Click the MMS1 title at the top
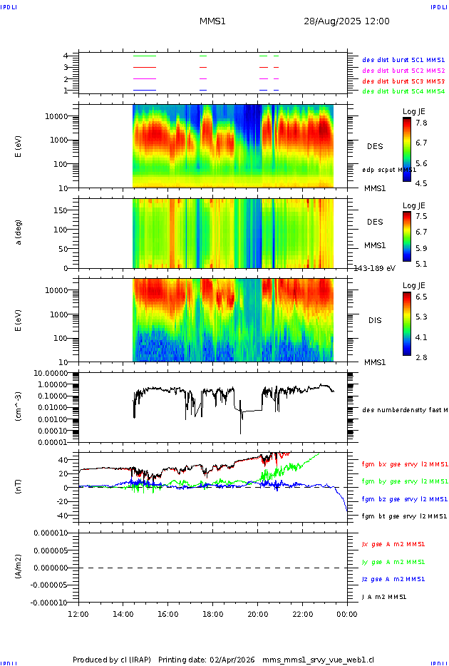pos(212,21)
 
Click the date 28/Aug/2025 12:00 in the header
pos(346,21)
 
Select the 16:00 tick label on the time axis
pos(167,613)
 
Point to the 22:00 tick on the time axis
pos(302,613)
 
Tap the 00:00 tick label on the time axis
pos(347,613)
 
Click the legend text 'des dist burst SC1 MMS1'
pos(403,60)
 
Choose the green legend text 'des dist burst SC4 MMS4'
pos(403,91)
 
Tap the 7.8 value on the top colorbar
pos(421,123)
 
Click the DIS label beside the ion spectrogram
pos(374,320)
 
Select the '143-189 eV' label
pos(374,268)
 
